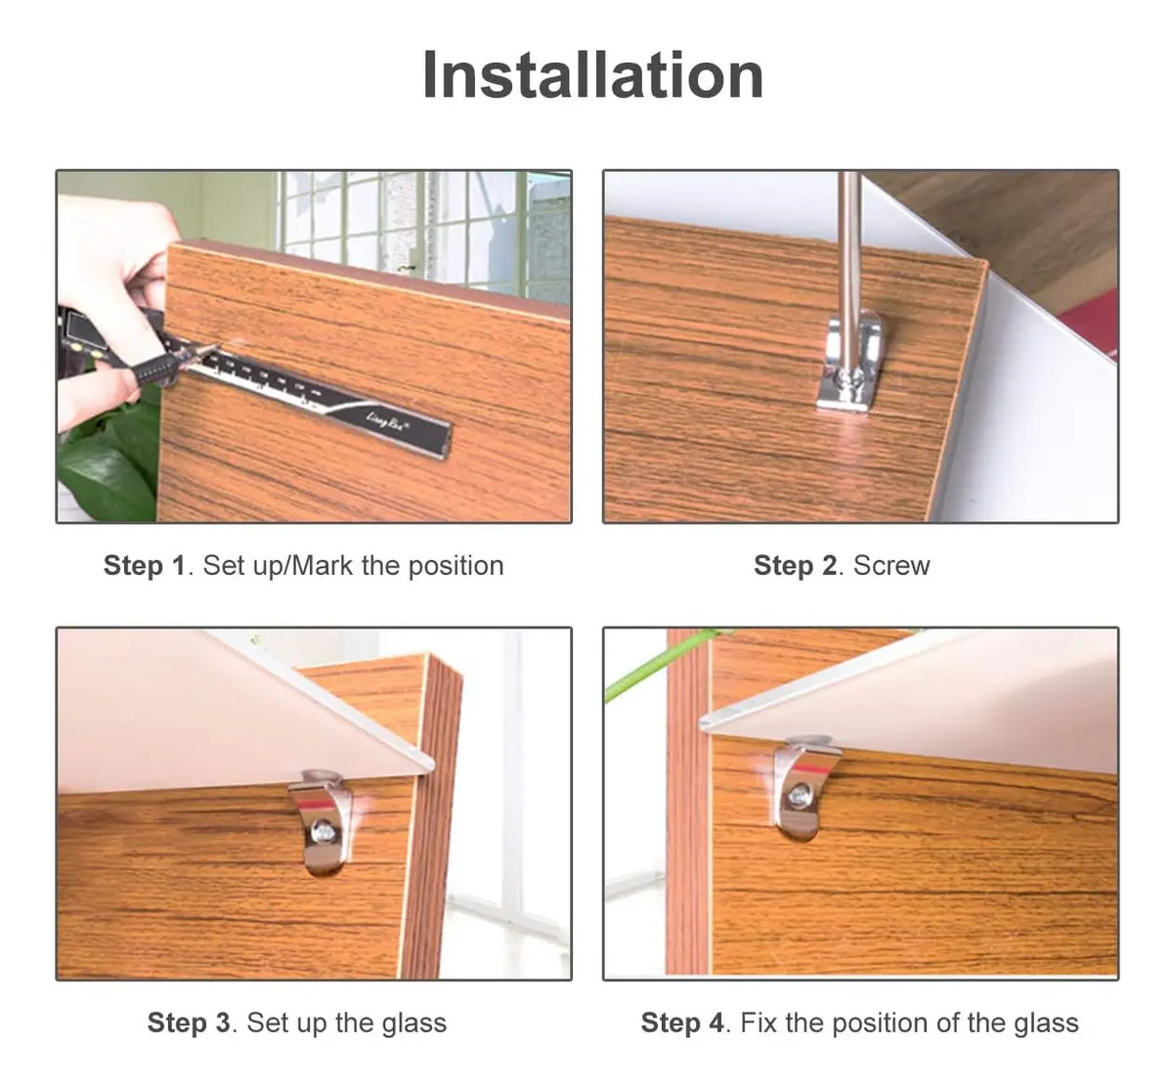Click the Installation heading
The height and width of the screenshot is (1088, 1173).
click(x=593, y=75)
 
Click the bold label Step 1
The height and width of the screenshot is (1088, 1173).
click(x=145, y=565)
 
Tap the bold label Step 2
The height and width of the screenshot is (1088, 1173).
click(x=795, y=565)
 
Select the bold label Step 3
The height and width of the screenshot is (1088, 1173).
click(x=189, y=1023)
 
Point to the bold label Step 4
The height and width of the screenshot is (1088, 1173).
click(x=682, y=1023)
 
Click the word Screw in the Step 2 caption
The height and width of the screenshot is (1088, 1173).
click(x=891, y=565)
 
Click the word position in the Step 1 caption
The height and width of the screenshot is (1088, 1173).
click(x=456, y=566)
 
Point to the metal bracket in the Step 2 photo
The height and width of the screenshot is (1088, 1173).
click(x=848, y=365)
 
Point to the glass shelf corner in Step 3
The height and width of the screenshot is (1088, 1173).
click(x=430, y=766)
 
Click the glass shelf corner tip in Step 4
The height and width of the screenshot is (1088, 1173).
click(x=702, y=721)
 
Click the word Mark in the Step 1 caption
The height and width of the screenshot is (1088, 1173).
click(x=323, y=565)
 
